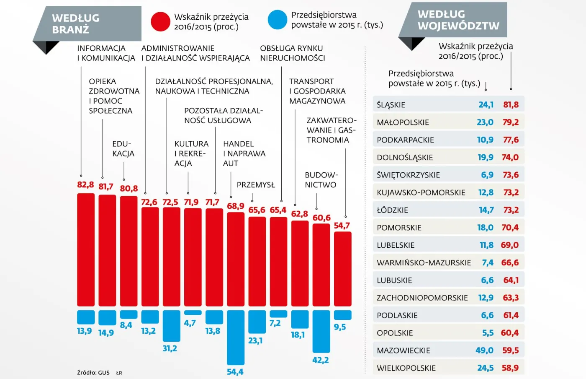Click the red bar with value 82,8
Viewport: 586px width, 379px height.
(86, 249)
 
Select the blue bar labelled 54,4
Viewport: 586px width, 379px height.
(236, 337)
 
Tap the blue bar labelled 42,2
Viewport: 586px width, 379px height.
(321, 331)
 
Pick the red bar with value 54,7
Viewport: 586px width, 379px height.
(342, 269)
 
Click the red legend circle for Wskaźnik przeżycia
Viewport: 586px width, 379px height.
(160, 21)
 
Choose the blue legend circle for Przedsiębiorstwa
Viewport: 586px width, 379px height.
(277, 20)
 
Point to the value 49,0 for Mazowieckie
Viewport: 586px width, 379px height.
(484, 350)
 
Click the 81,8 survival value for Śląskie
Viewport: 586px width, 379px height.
(511, 105)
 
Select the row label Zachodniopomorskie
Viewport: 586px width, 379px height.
(422, 298)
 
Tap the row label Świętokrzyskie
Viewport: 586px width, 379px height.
(408, 175)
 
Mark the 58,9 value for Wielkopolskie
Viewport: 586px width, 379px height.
(510, 368)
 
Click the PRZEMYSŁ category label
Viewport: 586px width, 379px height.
(256, 185)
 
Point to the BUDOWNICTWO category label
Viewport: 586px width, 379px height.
(321, 180)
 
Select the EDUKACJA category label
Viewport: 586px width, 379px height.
(123, 149)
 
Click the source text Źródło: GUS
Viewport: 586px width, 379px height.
(93, 373)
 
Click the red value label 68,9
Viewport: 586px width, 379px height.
(236, 206)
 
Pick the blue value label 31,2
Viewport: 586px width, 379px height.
(170, 348)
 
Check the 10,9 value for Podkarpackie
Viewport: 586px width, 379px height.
(485, 140)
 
